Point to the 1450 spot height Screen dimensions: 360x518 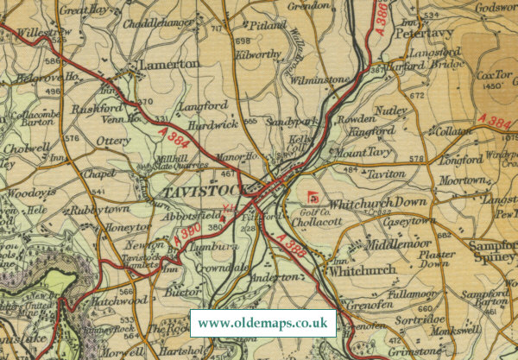point(493,86)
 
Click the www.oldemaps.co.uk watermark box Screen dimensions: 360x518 point(262,324)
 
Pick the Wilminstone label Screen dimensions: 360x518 point(319,81)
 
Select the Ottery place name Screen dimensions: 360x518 point(114,141)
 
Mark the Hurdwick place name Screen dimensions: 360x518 point(195,123)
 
